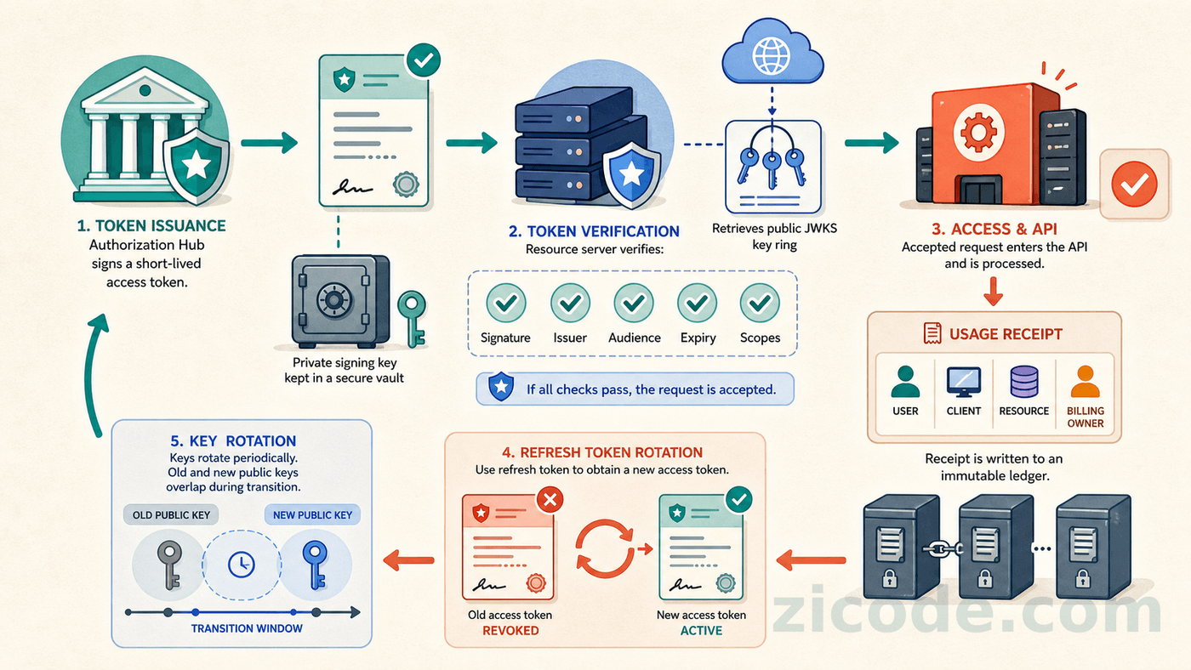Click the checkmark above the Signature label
tap(505, 303)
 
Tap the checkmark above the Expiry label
tap(697, 303)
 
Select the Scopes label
tap(760, 338)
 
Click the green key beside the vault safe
tap(412, 318)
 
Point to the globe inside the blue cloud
tap(771, 55)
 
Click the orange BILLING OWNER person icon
tap(1085, 382)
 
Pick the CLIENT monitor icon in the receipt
tap(963, 382)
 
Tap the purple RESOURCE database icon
tap(1024, 382)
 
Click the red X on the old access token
tap(550, 500)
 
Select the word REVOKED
tap(510, 631)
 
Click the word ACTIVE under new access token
tap(701, 631)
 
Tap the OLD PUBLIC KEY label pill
tap(171, 515)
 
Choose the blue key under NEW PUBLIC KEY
tap(315, 565)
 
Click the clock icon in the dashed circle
tap(241, 565)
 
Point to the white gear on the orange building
tap(978, 132)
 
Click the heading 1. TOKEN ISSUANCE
tap(151, 226)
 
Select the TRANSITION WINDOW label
tap(247, 628)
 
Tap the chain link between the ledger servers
tap(943, 549)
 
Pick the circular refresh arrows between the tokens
tap(605, 548)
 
